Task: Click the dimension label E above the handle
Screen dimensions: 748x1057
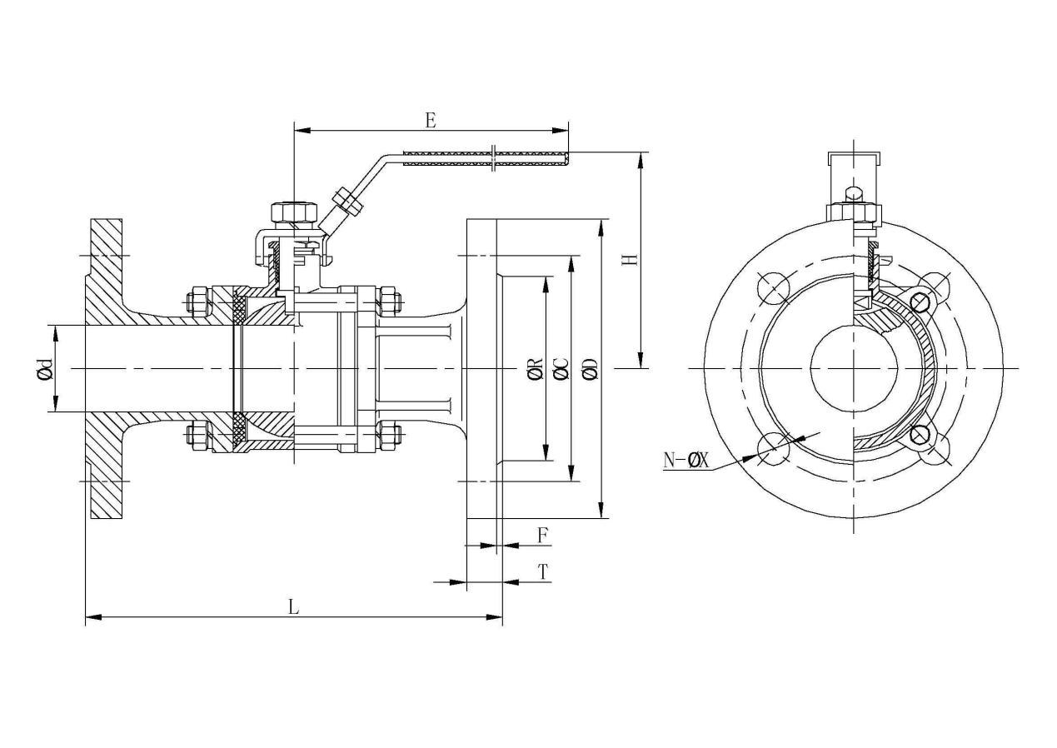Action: tap(430, 120)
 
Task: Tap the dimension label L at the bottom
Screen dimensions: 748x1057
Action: tap(293, 606)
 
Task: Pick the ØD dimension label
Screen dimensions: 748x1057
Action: tap(590, 368)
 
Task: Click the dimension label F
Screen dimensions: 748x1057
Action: tap(542, 535)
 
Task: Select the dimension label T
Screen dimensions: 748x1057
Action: tap(542, 571)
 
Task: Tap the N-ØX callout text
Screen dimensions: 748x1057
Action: tap(686, 460)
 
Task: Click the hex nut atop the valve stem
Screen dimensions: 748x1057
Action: tap(294, 213)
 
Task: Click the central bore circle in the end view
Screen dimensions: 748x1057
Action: tap(853, 367)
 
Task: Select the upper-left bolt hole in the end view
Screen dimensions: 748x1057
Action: tap(773, 287)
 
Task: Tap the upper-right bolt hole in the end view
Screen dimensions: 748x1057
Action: tap(934, 287)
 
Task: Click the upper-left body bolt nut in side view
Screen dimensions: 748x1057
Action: tap(198, 301)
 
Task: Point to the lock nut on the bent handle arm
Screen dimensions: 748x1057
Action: tap(345, 202)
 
